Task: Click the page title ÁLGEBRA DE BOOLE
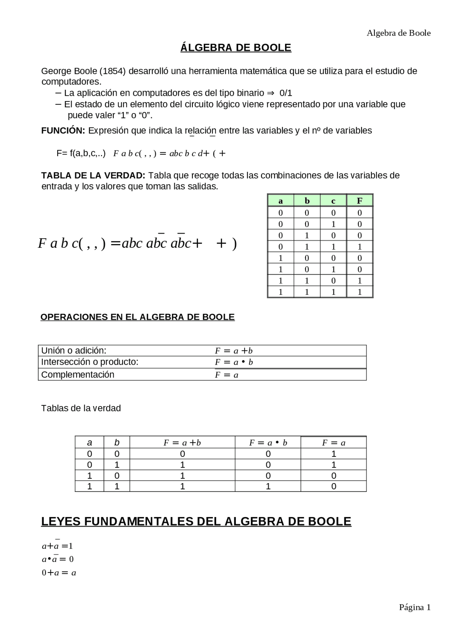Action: tap(236, 48)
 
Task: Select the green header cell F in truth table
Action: tap(359, 201)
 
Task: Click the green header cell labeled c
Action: tap(333, 201)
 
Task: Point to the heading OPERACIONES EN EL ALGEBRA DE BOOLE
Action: tap(137, 317)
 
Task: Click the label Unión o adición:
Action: tap(74, 351)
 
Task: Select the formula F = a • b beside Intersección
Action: tap(234, 362)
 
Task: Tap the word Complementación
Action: tap(78, 375)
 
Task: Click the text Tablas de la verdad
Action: tap(81, 408)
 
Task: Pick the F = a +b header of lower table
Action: tap(182, 443)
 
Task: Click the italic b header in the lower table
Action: tap(117, 443)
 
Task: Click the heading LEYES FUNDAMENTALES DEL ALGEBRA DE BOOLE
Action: tap(196, 522)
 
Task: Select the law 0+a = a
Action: tap(59, 573)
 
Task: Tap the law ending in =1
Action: tap(57, 546)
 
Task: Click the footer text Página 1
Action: tap(415, 607)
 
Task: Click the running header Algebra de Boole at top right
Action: tap(398, 33)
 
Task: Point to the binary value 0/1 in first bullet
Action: tap(286, 93)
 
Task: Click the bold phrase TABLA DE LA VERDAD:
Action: tap(93, 176)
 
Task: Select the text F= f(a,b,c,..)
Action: tap(81, 153)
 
